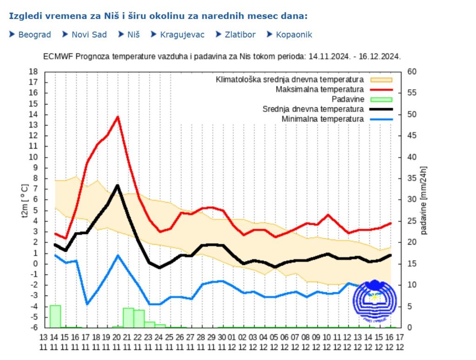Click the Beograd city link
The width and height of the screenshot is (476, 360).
point(34,35)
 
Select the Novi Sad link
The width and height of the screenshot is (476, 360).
point(89,35)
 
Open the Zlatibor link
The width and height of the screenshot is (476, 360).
point(240,35)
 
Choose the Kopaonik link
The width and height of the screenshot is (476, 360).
point(294,35)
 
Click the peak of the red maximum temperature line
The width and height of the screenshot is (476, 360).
point(118,117)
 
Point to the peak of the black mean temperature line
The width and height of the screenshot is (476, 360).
point(118,185)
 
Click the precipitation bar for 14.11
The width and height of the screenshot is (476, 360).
point(55,316)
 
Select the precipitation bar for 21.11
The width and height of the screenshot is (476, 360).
point(128,317)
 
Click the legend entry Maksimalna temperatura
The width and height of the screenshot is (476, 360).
point(319,89)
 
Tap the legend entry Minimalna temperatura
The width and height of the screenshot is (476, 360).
point(323,119)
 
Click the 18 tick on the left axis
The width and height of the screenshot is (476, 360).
point(33,72)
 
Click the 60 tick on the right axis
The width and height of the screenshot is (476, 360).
point(412,72)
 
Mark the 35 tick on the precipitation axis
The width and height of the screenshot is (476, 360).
point(412,178)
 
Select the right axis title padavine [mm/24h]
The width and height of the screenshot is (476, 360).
point(423,200)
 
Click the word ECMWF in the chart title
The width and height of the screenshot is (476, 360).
point(58,56)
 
